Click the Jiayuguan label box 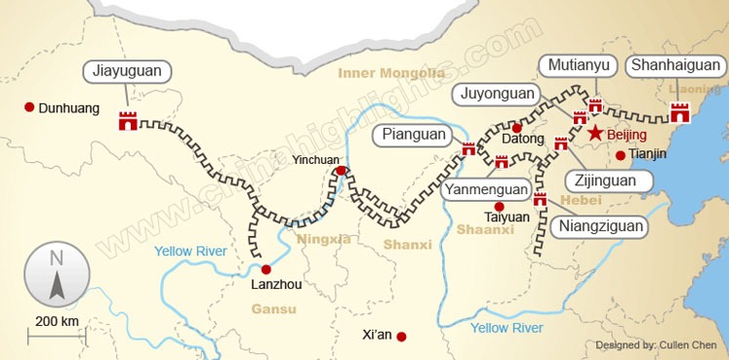coord(128,71)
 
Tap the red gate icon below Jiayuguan coord(128,121)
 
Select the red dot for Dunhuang coord(29,107)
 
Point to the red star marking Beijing coord(594,133)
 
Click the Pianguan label coord(414,135)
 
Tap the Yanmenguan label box coord(486,189)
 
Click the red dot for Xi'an coord(401,337)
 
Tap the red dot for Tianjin coord(620,154)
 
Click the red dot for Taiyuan coord(499,207)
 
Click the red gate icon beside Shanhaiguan coord(680,112)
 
